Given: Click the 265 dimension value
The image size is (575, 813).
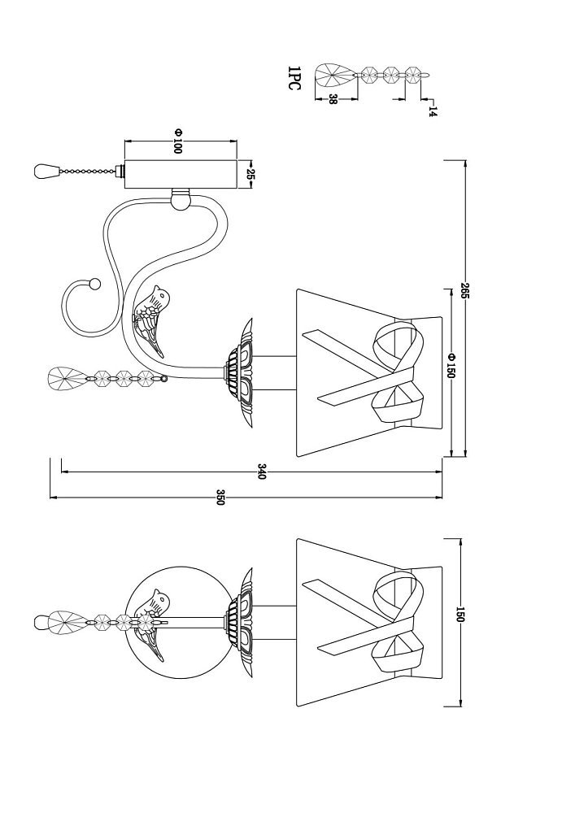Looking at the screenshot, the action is point(464,291).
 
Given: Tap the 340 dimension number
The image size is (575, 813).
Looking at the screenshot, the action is point(261,472).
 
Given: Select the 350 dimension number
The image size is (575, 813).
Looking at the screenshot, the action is point(220,498).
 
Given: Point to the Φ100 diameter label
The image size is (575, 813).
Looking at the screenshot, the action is point(178,141).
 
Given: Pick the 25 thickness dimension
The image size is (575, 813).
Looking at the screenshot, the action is point(250,175).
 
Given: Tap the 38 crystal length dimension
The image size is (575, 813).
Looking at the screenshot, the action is point(333,99).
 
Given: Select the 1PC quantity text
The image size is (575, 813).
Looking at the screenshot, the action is point(294,78).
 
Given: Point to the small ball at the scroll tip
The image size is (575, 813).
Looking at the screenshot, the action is point(94,284).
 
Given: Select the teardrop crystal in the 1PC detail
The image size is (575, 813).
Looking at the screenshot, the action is point(335,76).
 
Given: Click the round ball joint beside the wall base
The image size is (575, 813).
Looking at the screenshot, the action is point(181,200).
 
